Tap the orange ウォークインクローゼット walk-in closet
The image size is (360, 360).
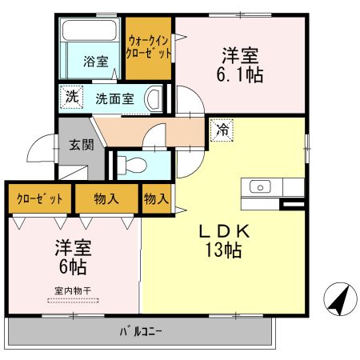click(149, 50)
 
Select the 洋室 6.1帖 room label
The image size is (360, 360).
click(242, 66)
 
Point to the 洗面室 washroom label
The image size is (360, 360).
click(116, 99)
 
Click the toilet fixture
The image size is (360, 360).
click(134, 166)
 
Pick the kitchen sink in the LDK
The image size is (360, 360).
click(260, 187)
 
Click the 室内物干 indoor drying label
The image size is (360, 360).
click(72, 291)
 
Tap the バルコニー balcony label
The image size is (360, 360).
click(141, 330)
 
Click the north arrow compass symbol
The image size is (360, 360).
click(339, 299)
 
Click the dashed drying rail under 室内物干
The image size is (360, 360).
click(72, 301)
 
